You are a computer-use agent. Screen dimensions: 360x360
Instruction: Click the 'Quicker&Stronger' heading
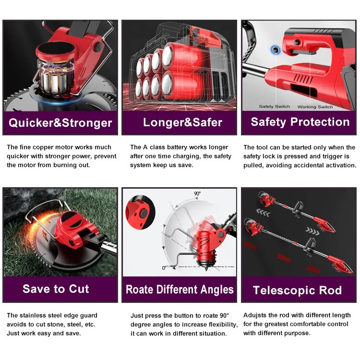point(60,123)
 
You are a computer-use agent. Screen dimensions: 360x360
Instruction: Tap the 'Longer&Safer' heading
point(183,122)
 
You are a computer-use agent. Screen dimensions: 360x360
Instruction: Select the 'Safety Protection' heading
point(300,122)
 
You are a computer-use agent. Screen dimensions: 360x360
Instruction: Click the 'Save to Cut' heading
point(56,289)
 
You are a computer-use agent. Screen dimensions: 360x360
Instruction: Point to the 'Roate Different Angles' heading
point(180,289)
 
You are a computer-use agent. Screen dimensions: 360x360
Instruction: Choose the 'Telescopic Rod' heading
point(297,290)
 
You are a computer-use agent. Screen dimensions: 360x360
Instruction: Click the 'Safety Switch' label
point(275,107)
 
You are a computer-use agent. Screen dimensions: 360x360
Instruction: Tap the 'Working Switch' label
point(315,107)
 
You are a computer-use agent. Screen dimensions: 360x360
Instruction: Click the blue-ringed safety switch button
point(275,49)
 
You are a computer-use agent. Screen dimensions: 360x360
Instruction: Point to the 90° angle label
point(197,193)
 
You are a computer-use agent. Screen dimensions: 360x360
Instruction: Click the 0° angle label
point(164,268)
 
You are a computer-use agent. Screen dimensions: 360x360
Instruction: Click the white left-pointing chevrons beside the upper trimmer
point(263,213)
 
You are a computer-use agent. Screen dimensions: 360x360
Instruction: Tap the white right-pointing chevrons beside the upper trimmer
point(312,231)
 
